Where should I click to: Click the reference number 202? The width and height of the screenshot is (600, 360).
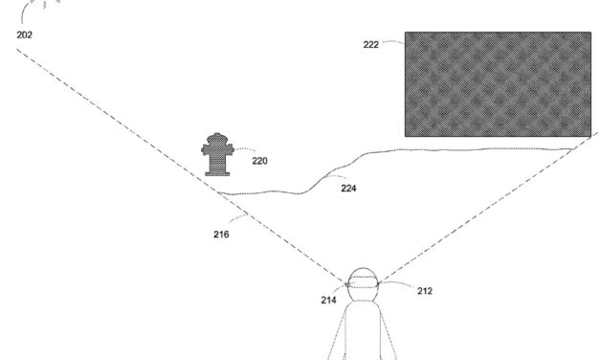point(24,34)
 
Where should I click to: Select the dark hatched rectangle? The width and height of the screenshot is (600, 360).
point(497,84)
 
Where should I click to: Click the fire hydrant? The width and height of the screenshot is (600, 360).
point(218,155)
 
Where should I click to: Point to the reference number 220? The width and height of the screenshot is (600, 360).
point(259,160)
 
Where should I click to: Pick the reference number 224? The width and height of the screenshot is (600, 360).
point(348,189)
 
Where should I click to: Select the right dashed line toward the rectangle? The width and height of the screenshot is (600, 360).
point(478,216)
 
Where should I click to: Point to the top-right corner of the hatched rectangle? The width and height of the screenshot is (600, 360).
point(589,33)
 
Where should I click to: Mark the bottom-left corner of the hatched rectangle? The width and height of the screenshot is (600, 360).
point(405,136)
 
